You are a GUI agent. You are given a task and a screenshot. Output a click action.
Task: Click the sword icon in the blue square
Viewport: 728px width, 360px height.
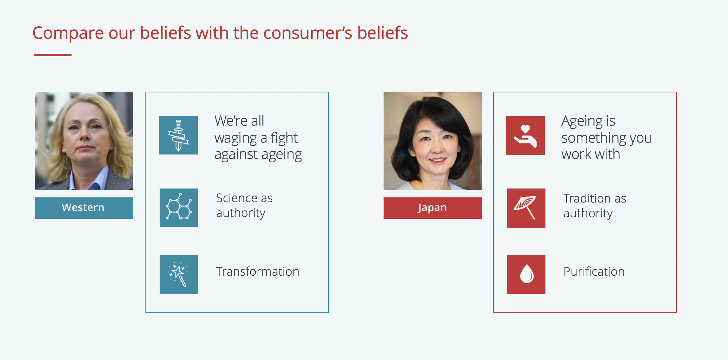pos(178,135)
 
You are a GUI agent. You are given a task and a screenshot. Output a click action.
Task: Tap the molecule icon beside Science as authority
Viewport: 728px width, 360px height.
pos(179,207)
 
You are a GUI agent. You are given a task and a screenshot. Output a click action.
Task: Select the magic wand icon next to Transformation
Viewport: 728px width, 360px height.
pos(178,274)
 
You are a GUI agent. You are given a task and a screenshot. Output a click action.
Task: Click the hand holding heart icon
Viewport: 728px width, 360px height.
pos(525,136)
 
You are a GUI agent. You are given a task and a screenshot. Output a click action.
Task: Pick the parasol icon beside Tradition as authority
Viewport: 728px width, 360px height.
pos(525,207)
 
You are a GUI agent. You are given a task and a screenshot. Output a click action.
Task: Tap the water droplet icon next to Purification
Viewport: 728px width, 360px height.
pos(527,274)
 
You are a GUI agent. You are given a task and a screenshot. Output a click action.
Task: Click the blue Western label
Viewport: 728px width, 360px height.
pos(84,208)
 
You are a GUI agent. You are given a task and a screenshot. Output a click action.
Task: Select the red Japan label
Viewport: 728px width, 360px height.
pos(433,208)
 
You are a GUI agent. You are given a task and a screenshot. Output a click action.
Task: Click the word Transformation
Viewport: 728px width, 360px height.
pos(258,272)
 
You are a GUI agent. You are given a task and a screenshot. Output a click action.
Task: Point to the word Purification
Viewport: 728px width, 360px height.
pos(594,272)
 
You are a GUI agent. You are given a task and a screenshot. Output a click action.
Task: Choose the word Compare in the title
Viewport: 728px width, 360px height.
pos(68,33)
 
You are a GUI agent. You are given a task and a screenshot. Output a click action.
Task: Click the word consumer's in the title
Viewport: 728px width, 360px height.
pos(307,33)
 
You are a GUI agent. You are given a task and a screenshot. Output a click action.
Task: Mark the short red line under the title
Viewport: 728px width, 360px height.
pos(53,55)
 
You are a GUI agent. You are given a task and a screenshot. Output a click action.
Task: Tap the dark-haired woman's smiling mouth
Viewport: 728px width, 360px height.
pos(438,160)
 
